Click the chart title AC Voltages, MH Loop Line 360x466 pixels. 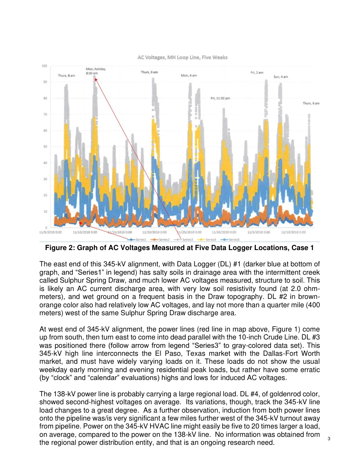[182, 58]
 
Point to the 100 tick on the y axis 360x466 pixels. [44, 66]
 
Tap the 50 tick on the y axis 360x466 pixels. [44, 147]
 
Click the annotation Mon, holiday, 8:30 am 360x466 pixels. [96, 71]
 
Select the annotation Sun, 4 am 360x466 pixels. [281, 77]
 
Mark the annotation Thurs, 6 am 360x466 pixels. [311, 103]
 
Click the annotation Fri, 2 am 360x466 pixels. [257, 73]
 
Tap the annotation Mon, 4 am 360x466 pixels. [189, 76]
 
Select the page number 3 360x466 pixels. [329, 439]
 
